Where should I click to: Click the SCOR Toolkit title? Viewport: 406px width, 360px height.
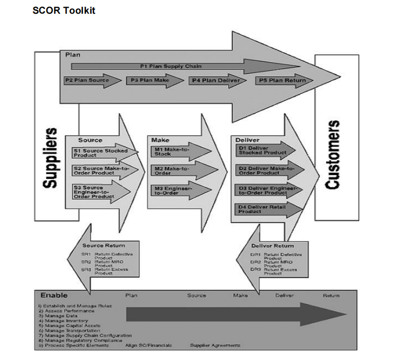[x=64, y=11]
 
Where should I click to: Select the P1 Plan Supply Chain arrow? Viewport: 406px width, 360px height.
[x=171, y=66]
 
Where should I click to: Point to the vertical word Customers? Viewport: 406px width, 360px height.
[x=333, y=156]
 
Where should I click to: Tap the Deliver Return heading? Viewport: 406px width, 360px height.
[x=272, y=246]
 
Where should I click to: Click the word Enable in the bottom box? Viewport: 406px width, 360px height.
[x=54, y=295]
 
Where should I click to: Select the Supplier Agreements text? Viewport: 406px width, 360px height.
[x=215, y=345]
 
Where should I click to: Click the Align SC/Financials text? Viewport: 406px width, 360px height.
[x=148, y=345]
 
